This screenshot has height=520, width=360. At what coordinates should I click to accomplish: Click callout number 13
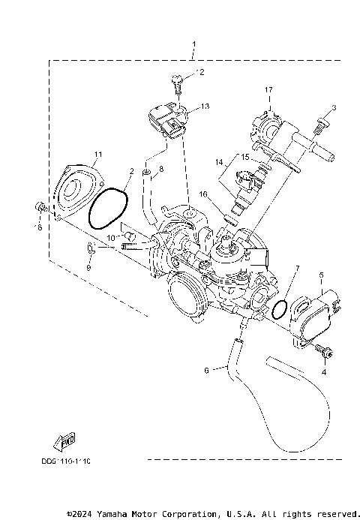click(205, 107)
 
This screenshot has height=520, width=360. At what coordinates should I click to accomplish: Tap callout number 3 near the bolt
click(334, 108)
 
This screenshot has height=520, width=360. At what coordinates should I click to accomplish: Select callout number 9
click(88, 266)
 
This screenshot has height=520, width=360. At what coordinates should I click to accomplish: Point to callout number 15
click(244, 157)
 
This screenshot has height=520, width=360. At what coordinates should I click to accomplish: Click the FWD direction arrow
click(64, 440)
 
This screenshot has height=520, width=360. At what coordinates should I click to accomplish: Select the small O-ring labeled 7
click(279, 308)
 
